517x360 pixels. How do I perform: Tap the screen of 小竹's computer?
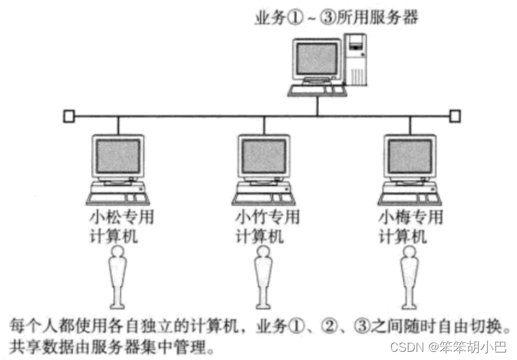click(263, 157)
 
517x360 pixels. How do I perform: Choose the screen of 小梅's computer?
click(409, 157)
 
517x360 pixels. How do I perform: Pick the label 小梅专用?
click(411, 218)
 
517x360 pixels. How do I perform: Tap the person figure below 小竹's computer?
click(263, 277)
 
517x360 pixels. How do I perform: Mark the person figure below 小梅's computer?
click(409, 277)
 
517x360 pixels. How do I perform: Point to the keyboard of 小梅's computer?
click(406, 198)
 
